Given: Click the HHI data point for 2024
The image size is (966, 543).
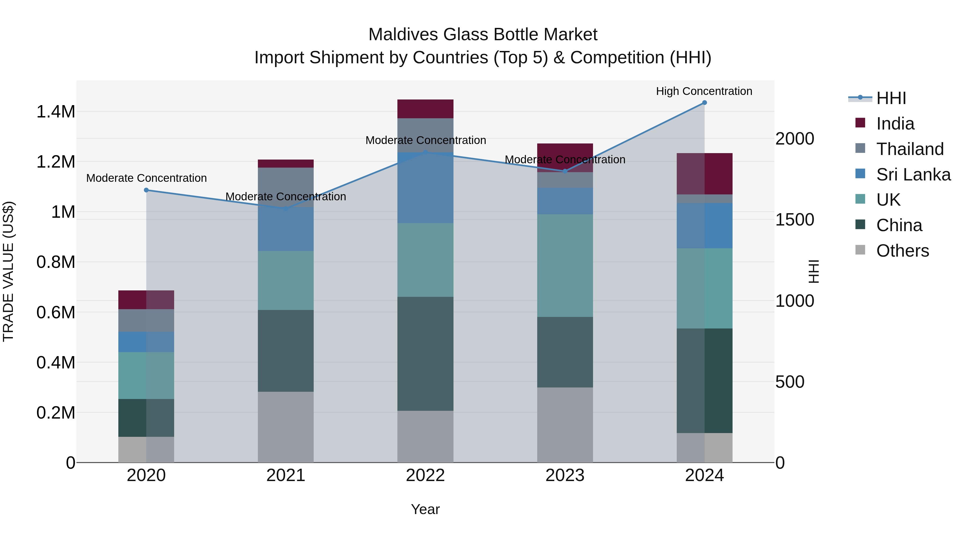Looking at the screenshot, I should [704, 103].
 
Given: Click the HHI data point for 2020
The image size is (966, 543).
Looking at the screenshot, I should [146, 190].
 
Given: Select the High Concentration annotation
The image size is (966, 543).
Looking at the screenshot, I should [704, 91].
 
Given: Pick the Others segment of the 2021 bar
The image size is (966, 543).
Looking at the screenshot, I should [286, 427].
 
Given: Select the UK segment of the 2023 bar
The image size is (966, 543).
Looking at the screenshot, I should [565, 265].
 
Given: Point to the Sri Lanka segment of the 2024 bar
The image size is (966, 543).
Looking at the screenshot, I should [704, 226].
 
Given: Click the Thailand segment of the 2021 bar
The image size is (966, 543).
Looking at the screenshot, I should [286, 187].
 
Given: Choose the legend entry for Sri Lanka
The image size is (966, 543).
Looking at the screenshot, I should [913, 175].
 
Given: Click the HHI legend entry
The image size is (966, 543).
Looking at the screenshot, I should [891, 98].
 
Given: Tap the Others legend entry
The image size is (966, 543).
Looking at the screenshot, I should [902, 251].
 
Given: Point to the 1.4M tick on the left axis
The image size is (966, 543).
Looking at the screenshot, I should [56, 112].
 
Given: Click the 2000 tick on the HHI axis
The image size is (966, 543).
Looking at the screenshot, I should [794, 139].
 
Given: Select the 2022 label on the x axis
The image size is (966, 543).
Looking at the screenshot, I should [425, 475].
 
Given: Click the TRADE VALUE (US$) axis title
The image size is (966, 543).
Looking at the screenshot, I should [8, 271].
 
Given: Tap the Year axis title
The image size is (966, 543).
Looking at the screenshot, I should [425, 509].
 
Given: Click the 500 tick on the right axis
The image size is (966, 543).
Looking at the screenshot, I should [789, 382].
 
